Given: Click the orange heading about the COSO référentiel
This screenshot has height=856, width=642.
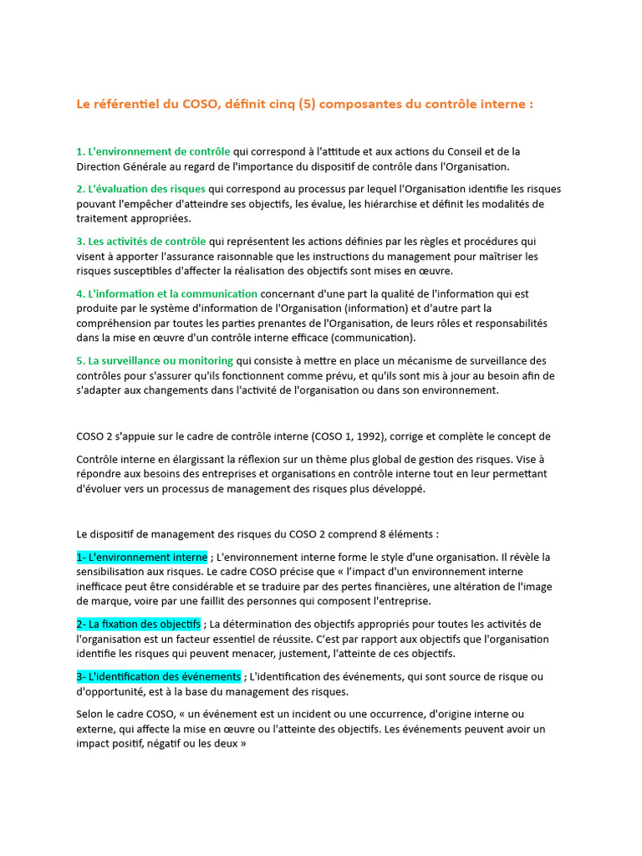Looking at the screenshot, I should pyautogui.click(x=304, y=104).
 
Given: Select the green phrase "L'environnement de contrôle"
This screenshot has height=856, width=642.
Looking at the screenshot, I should pyautogui.click(x=153, y=151).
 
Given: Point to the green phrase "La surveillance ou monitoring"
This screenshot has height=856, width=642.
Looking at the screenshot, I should pyautogui.click(x=155, y=360).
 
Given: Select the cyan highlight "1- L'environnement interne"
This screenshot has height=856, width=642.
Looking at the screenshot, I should pyautogui.click(x=141, y=557).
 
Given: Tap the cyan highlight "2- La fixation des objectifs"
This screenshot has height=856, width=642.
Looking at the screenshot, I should pyautogui.click(x=139, y=624).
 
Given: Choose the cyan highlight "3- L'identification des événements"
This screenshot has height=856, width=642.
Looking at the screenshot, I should pyautogui.click(x=159, y=676).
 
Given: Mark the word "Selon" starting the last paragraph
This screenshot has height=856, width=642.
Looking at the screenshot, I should pyautogui.click(x=90, y=714).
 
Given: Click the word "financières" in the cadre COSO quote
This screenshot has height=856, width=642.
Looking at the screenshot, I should pyautogui.click(x=456, y=586).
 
